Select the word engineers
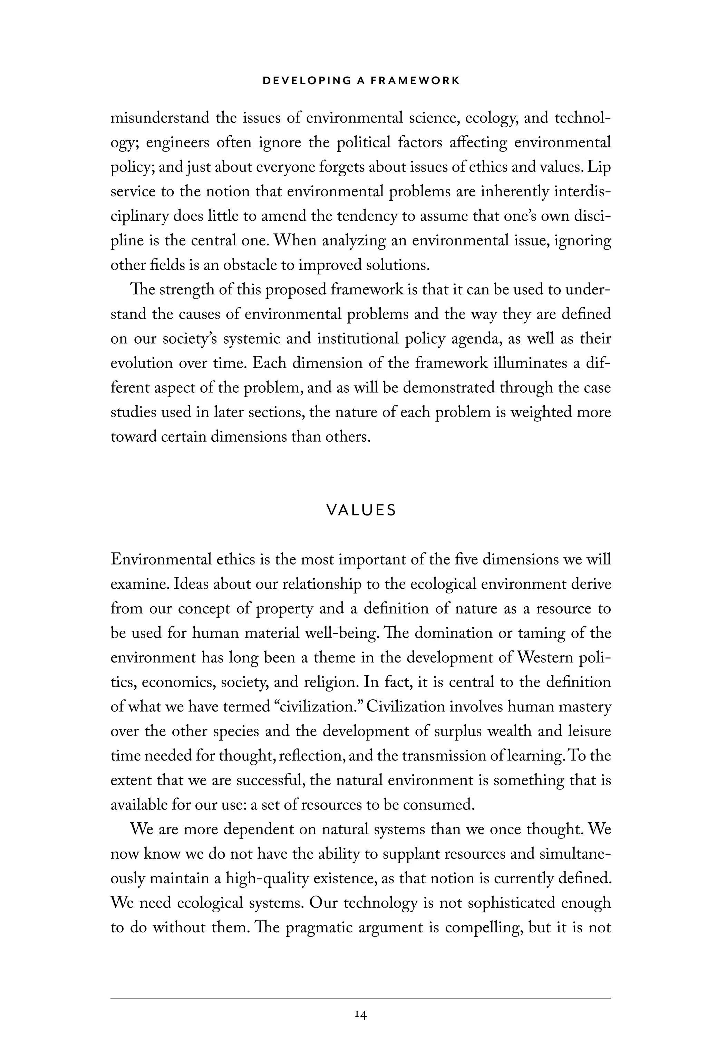pyautogui.click(x=177, y=143)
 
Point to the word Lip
pyautogui.click(x=600, y=167)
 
